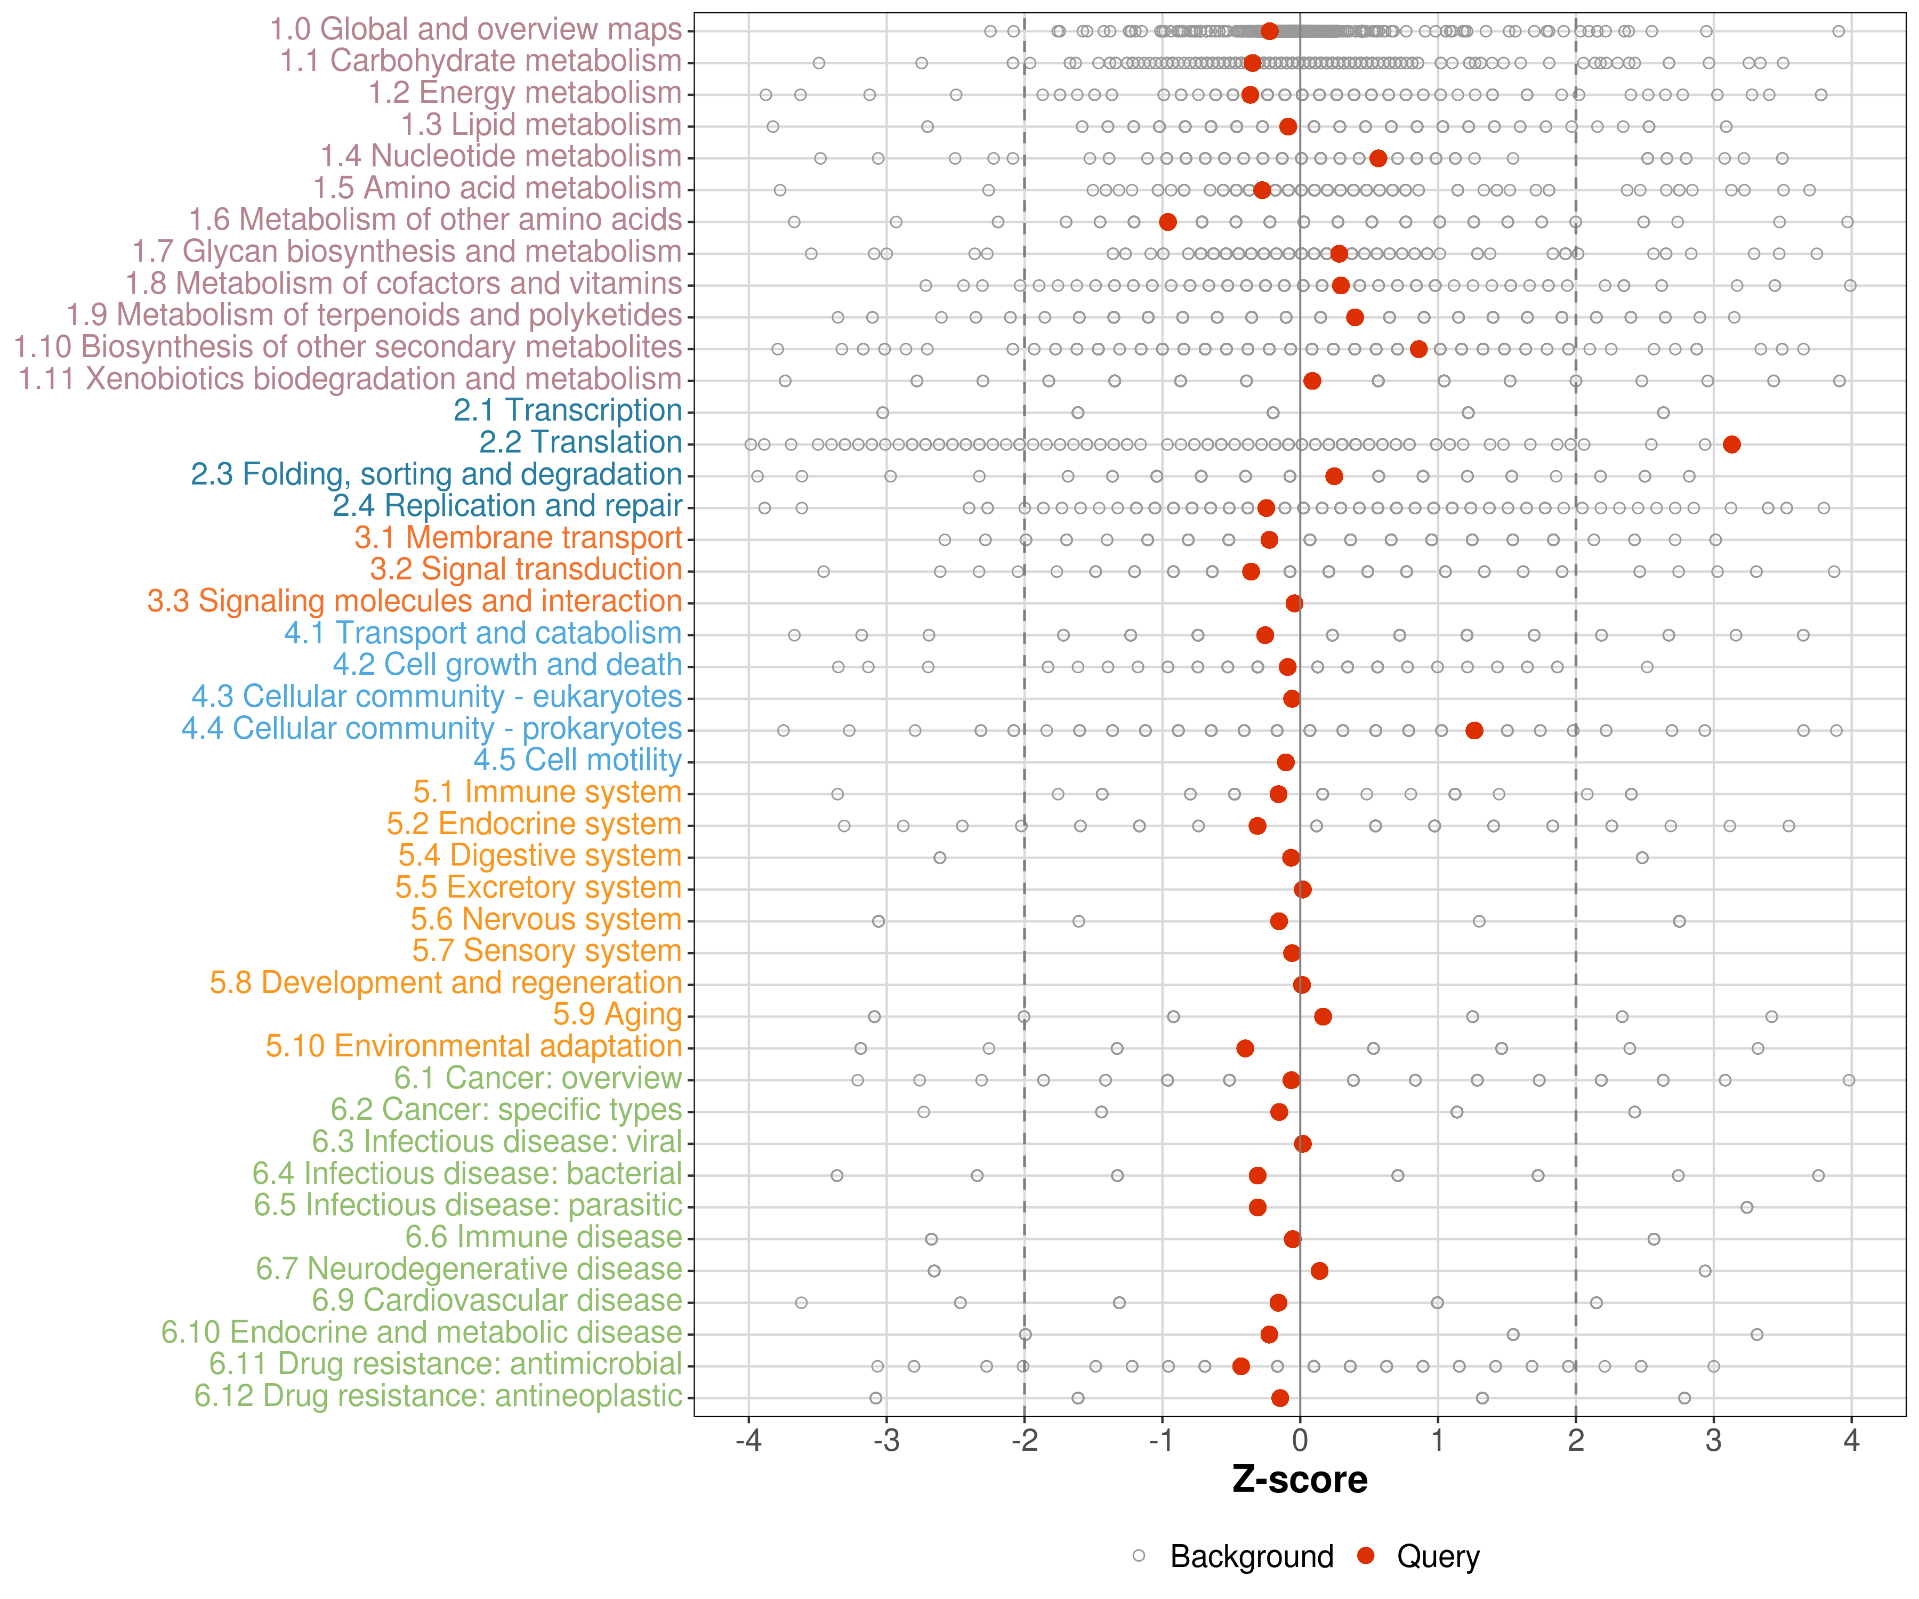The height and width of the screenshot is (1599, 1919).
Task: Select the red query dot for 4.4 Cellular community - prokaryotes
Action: pyautogui.click(x=1474, y=730)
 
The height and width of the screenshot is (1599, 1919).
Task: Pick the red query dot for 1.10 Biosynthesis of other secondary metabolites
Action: pyautogui.click(x=1418, y=349)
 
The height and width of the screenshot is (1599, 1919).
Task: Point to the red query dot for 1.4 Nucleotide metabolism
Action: pyautogui.click(x=1378, y=158)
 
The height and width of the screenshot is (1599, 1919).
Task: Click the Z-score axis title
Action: pyautogui.click(x=1300, y=1480)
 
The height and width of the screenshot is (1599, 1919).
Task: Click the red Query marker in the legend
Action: pyautogui.click(x=1366, y=1555)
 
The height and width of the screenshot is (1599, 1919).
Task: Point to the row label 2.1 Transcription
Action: pyautogui.click(x=568, y=410)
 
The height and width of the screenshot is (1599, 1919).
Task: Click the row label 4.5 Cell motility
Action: pyautogui.click(x=577, y=760)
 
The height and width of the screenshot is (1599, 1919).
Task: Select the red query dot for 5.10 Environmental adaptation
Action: pyautogui.click(x=1245, y=1048)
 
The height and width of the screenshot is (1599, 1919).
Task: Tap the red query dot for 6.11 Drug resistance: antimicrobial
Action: pyautogui.click(x=1240, y=1366)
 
